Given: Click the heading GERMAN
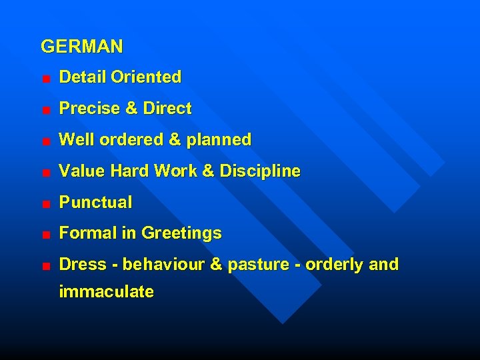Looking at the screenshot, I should click(x=82, y=47).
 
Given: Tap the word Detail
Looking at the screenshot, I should click(x=83, y=77).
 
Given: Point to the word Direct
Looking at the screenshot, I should click(x=167, y=109).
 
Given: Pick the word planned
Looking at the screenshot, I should click(x=219, y=140).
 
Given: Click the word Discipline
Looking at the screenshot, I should click(x=260, y=171).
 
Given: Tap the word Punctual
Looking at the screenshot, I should click(x=96, y=202).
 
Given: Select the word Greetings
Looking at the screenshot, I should click(x=182, y=234).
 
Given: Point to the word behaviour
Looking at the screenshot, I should click(x=164, y=265).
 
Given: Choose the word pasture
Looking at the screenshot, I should click(x=255, y=265).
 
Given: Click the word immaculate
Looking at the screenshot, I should click(x=107, y=292).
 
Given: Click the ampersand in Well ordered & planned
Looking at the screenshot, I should click(x=175, y=140).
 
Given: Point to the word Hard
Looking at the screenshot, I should click(x=130, y=171).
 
